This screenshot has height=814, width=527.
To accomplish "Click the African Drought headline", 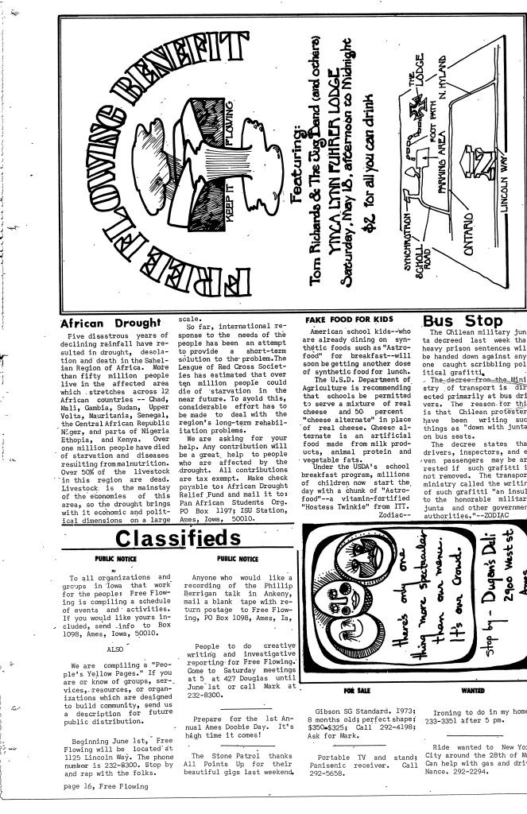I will (110, 324).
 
